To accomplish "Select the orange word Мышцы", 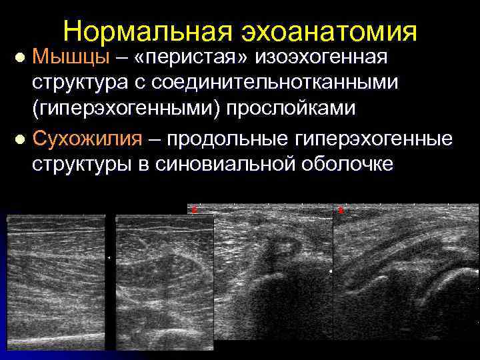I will click(71, 57).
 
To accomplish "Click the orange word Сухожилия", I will click(87, 139).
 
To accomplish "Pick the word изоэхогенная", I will click(321, 57).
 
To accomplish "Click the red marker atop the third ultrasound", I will click(194, 209).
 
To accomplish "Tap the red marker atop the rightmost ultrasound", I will click(340, 210).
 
